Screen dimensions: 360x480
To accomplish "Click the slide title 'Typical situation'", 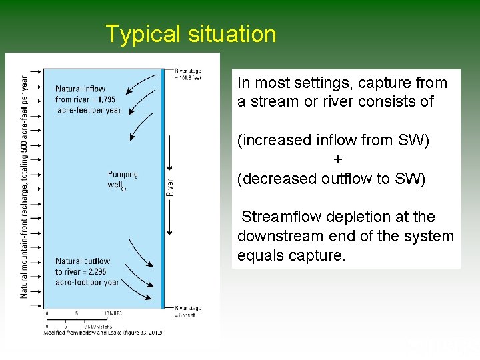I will (191, 34).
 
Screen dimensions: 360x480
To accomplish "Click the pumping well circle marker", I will (123, 189).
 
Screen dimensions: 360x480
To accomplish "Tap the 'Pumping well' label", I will (123, 179).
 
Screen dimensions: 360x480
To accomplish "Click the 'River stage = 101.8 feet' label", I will (188, 74).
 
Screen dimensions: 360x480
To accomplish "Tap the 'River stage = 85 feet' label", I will (187, 311).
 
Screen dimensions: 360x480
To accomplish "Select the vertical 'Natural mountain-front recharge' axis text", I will (24, 186).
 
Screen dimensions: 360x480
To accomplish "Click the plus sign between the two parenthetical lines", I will (338, 160).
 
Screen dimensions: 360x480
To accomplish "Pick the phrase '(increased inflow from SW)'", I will (333, 141).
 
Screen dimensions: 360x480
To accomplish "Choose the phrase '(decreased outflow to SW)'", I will (331, 179).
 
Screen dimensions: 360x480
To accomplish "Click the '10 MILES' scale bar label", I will (112, 313).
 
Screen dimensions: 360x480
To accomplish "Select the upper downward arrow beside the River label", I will (170, 153).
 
